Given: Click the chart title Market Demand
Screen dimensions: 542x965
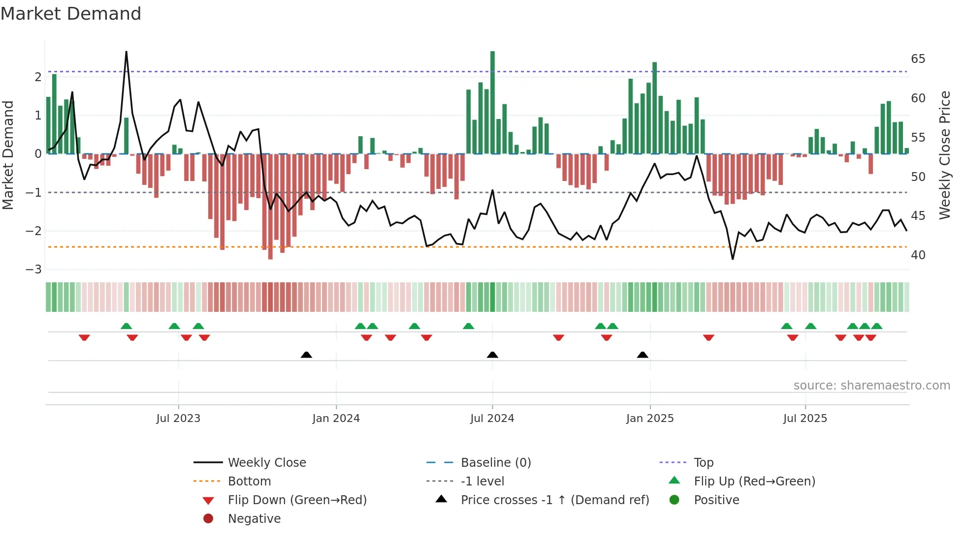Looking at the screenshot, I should [71, 14].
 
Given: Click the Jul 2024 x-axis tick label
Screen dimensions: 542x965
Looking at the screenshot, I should [492, 419].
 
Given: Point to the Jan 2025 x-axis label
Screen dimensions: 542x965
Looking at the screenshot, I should [649, 419].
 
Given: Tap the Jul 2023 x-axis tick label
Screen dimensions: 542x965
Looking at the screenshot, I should [178, 419].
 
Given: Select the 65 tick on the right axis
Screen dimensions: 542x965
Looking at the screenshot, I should [918, 59].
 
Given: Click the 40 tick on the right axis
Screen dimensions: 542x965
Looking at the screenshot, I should [918, 255].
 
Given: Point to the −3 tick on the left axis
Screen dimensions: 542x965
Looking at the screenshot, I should [34, 269].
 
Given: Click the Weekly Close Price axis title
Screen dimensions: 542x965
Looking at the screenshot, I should [944, 155].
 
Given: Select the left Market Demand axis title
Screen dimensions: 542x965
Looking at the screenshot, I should [8, 155].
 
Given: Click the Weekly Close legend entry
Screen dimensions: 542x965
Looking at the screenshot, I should [266, 462].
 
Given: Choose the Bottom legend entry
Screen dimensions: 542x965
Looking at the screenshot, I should [249, 481].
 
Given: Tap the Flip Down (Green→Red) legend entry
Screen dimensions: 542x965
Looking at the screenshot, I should [297, 500].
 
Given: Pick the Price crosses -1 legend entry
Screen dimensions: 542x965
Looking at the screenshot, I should [554, 500].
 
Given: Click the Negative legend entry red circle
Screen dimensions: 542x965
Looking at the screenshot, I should [208, 518].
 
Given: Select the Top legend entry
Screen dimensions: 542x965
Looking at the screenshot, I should [703, 462].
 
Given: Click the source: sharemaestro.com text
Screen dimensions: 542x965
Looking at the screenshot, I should [871, 385].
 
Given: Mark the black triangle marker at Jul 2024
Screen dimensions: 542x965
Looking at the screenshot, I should [492, 355].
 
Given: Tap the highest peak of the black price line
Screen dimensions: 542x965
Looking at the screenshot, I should [126, 52].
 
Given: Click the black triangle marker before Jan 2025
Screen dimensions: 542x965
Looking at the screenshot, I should [643, 355].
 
